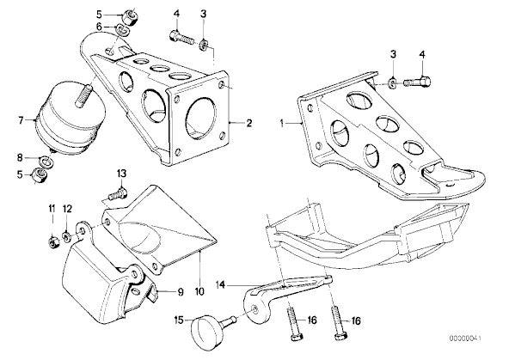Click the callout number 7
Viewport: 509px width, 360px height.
(21, 120)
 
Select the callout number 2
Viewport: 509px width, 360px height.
(249, 123)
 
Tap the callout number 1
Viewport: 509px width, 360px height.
(282, 124)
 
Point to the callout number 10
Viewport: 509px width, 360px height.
(199, 291)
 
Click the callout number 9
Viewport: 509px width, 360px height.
(181, 292)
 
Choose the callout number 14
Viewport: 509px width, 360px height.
(221, 285)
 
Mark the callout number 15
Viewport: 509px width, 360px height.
(179, 320)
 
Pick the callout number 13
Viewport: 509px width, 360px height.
(121, 174)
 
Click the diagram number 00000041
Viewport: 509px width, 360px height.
(465, 339)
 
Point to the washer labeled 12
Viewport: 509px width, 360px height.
(66, 237)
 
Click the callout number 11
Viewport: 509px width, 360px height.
(52, 209)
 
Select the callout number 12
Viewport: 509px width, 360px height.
(67, 209)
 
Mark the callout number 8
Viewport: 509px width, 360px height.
(20, 158)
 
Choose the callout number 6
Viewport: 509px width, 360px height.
(99, 27)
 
